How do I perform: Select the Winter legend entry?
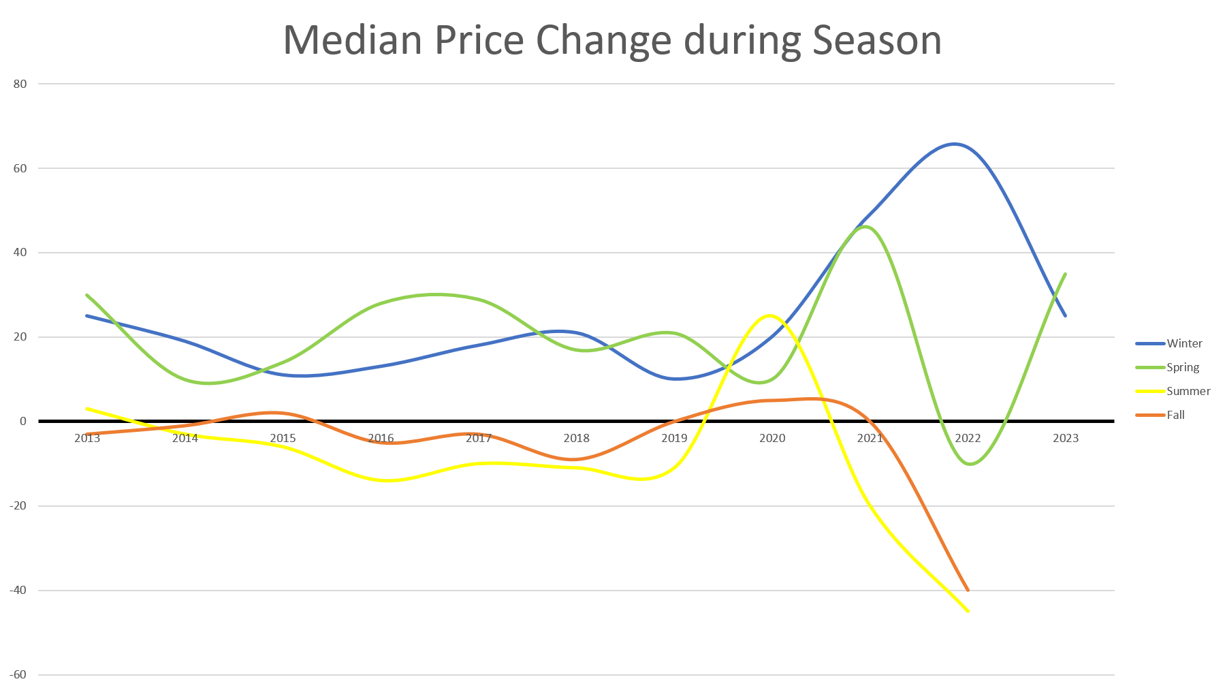tap(1183, 343)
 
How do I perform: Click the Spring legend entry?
tap(1182, 367)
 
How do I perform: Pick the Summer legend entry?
tap(1188, 391)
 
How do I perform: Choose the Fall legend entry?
tap(1175, 415)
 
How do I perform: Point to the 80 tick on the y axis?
tap(20, 84)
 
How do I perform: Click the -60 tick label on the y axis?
tap(18, 675)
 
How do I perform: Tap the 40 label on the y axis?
tap(20, 253)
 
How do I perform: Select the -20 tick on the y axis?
tap(18, 506)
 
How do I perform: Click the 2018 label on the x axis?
tap(576, 438)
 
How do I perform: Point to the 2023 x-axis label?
tap(1066, 438)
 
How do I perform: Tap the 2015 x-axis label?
tap(283, 438)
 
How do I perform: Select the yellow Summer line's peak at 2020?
tap(769, 315)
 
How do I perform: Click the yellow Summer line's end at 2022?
tap(968, 611)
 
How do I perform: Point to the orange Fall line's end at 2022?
tap(967, 590)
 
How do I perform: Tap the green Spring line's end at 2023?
tap(1066, 274)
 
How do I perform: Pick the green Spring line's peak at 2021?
tap(865, 226)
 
